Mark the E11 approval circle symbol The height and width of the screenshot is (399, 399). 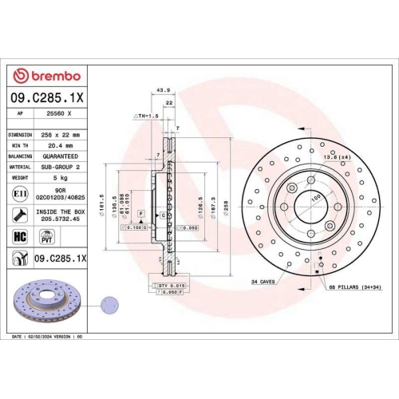click(19, 194)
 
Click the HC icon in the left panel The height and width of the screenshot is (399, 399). click(19, 237)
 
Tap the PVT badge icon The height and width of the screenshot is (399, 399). click(47, 237)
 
